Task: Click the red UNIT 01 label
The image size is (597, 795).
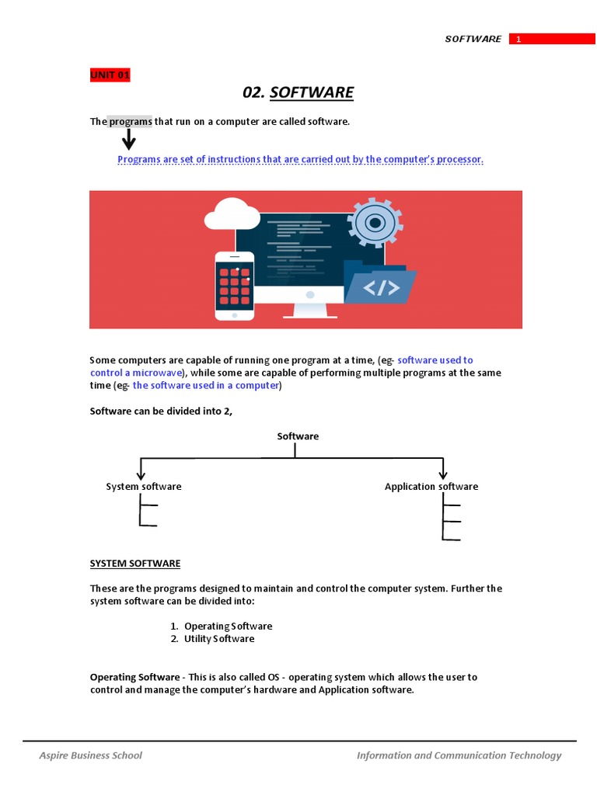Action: (x=110, y=75)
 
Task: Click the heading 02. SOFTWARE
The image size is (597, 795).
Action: (x=298, y=93)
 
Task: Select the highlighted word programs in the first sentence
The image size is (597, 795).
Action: (x=130, y=122)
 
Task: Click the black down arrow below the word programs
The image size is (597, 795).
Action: (x=128, y=140)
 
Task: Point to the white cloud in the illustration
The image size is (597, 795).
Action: (x=232, y=214)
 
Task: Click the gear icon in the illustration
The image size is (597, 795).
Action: (x=375, y=223)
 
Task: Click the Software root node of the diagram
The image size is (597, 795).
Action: (x=298, y=436)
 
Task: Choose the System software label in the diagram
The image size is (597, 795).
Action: (x=144, y=487)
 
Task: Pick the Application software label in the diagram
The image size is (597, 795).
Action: (x=431, y=487)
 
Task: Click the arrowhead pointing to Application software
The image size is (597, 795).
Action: (x=443, y=474)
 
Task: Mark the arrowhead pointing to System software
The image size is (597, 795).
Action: (x=141, y=474)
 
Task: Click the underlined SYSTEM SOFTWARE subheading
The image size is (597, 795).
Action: (x=135, y=564)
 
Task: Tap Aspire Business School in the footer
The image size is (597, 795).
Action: (x=91, y=755)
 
